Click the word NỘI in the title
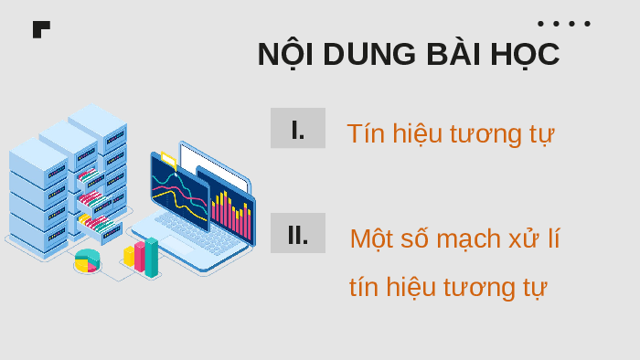[285, 54]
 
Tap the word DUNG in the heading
[369, 54]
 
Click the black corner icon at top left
[40, 28]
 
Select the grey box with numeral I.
[298, 128]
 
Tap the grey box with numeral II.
[298, 233]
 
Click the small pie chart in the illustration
[87, 261]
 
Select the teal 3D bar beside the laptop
[152, 258]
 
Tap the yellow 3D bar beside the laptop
[129, 256]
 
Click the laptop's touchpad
[177, 245]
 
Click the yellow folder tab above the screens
[168, 161]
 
